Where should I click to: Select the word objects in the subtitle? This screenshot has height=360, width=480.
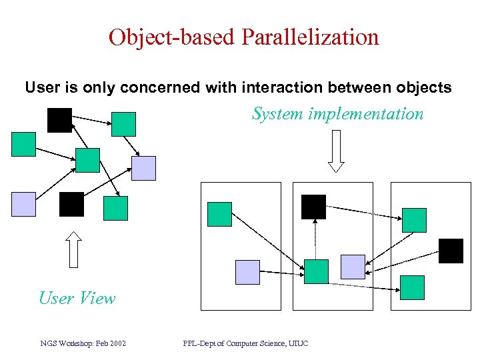point(425,87)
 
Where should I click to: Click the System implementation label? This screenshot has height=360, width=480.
point(337,114)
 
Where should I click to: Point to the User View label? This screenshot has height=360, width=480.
point(77,298)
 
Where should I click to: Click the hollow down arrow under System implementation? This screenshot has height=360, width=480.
point(336,151)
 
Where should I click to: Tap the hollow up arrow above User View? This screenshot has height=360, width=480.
point(74,249)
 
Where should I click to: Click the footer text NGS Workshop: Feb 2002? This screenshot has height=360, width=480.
point(83,343)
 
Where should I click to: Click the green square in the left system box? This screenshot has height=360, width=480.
point(220,214)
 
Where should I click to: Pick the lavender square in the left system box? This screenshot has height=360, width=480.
point(247,272)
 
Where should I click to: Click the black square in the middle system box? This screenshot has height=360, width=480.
point(313,207)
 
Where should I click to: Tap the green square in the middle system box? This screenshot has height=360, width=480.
point(316,271)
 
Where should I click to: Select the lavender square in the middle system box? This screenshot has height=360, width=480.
point(353,267)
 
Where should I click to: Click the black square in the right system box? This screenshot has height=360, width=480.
point(451,251)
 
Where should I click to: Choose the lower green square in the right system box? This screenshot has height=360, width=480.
point(412,287)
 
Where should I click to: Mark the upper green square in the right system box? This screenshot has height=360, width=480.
point(413,220)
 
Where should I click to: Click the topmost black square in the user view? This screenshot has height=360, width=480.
point(59,120)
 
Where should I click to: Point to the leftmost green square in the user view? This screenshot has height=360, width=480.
point(23,144)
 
